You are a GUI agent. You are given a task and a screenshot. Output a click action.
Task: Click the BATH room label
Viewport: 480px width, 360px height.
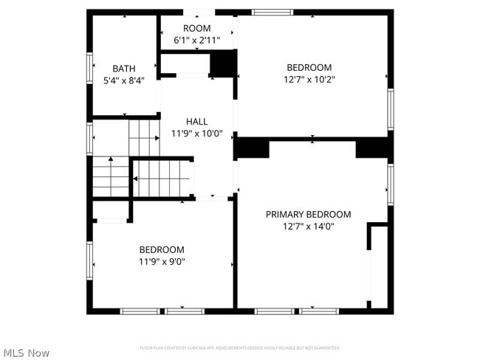coord(123,68)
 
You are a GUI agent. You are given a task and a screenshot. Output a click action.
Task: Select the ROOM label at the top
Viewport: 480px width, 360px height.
coord(197,29)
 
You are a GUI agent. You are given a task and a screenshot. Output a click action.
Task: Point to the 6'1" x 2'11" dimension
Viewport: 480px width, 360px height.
coord(197,40)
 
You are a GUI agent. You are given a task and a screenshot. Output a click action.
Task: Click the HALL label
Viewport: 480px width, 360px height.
coord(196,122)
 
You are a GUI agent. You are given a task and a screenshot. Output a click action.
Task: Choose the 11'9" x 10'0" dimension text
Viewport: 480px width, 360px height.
coord(196,134)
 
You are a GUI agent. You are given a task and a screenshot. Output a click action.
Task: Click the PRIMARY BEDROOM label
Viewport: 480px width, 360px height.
coord(308,215)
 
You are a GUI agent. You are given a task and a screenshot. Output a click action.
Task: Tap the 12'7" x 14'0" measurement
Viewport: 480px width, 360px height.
coord(308,226)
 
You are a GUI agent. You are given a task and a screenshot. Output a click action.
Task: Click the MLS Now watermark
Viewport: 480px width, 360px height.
coord(26,353)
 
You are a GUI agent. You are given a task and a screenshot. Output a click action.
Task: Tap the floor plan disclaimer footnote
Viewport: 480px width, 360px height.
coord(240,347)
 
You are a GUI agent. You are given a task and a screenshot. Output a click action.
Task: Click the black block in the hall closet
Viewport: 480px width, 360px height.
coord(222,64)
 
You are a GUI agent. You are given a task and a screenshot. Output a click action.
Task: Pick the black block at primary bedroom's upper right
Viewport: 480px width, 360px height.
coord(373,148)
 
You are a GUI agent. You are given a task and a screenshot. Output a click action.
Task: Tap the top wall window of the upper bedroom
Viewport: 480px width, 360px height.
coord(272,12)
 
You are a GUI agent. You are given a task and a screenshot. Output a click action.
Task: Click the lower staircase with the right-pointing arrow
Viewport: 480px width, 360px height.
coord(161,179)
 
